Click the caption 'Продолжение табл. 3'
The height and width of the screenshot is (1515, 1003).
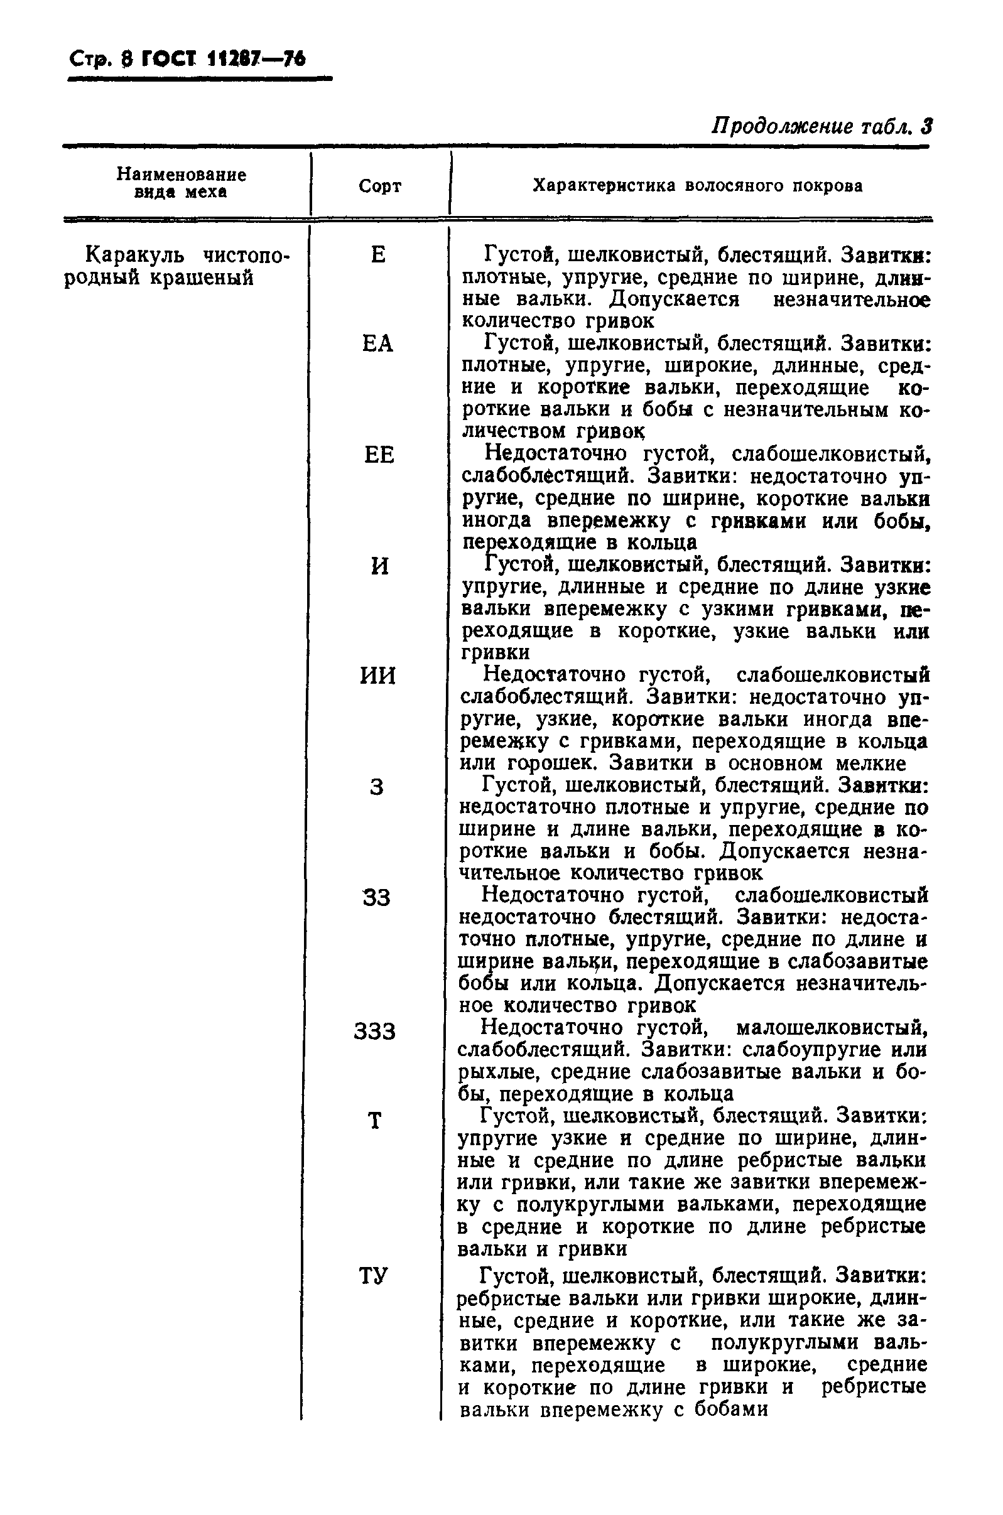pyautogui.click(x=821, y=127)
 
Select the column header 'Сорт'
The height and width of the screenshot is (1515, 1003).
pyautogui.click(x=380, y=186)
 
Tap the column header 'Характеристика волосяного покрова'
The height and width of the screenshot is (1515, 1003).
pyautogui.click(x=697, y=186)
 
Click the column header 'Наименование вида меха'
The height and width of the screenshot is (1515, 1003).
pyautogui.click(x=181, y=183)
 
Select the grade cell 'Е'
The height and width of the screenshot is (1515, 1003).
pyautogui.click(x=378, y=255)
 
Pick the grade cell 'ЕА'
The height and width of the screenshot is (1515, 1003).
pyautogui.click(x=377, y=345)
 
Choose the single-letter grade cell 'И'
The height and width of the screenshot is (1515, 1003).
pyautogui.click(x=379, y=566)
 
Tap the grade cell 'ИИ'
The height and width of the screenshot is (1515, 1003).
pyautogui.click(x=378, y=676)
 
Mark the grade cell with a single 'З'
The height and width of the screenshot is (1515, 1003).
pyautogui.click(x=377, y=787)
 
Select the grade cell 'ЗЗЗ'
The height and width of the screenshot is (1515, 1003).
pyautogui.click(x=376, y=1032)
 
